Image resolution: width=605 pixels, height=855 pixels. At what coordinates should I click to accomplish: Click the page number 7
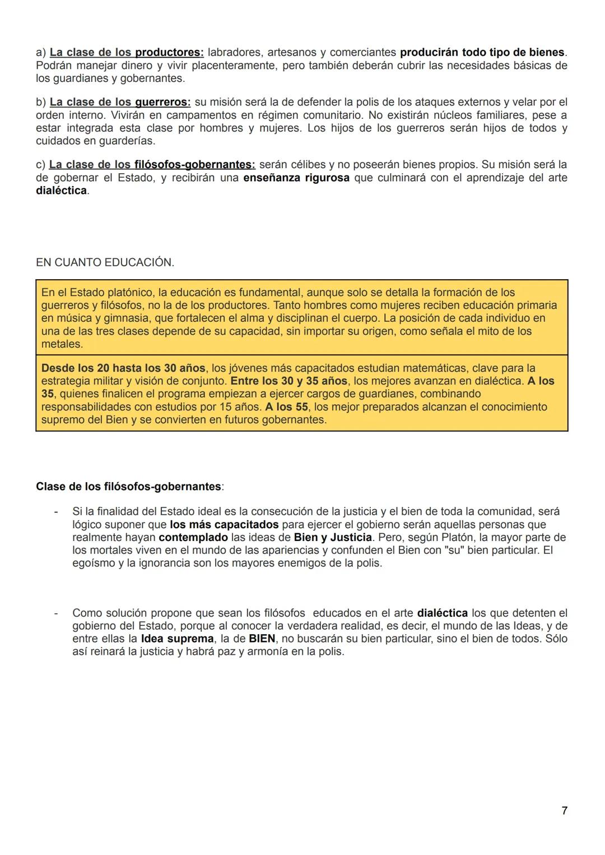point(564,811)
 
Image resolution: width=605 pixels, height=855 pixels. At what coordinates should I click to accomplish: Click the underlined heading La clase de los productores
point(127,52)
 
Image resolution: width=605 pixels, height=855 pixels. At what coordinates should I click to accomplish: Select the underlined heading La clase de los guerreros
point(120,102)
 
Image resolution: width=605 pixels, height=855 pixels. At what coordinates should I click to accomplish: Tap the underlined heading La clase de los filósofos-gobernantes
point(152,164)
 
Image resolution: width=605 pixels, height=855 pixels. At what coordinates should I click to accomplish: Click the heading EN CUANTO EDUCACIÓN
point(105,262)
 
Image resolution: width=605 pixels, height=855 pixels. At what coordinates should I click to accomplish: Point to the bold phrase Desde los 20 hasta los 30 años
point(123,368)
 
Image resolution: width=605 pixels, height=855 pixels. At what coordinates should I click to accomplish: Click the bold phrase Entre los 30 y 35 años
point(288,381)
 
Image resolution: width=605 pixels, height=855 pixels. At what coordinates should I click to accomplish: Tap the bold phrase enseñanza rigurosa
point(296,178)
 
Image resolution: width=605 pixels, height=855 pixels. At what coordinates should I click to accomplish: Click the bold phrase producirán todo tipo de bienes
point(482,52)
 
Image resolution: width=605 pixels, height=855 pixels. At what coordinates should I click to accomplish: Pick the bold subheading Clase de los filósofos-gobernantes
point(128,486)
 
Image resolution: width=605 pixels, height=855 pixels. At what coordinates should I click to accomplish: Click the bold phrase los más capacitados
point(224,524)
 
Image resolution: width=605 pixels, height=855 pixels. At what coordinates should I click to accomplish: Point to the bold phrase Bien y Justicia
point(333,537)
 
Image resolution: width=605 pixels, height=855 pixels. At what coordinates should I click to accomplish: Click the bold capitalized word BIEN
point(262,639)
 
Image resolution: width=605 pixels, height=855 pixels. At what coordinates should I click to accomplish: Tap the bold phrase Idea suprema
point(177,639)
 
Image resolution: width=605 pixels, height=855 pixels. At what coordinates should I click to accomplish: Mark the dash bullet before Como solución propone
point(55,613)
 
